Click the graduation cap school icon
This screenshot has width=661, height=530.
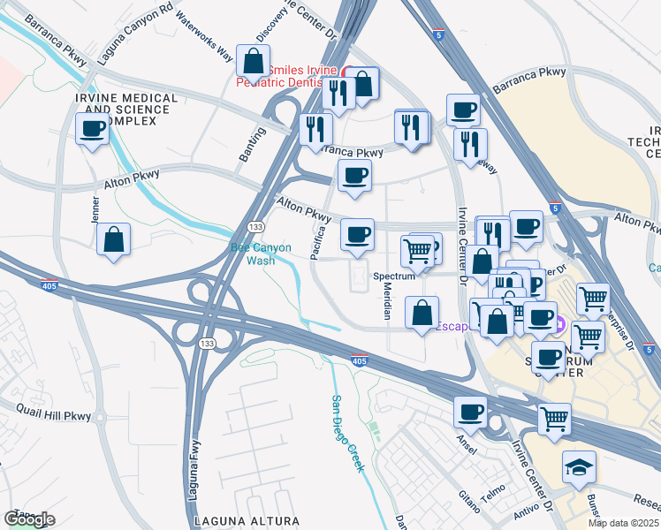579,466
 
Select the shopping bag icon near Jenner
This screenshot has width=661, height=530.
113,239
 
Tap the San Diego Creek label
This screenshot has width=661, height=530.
347,434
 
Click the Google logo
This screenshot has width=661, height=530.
29,519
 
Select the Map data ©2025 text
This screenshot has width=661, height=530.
623,523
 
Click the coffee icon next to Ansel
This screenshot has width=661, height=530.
470,412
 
